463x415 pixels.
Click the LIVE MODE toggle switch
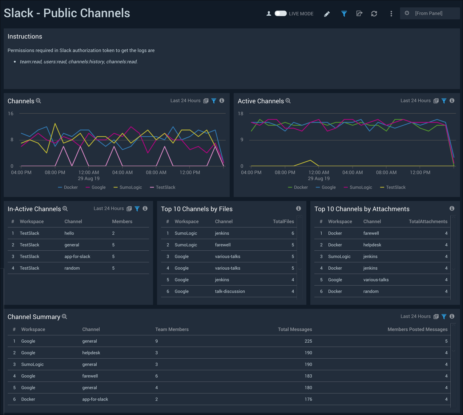[280, 13]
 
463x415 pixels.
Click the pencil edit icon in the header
[327, 14]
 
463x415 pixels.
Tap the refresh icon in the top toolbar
[374, 14]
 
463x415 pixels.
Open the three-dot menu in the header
[391, 14]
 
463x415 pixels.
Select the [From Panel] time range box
[430, 13]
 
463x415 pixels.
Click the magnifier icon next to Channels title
[39, 101]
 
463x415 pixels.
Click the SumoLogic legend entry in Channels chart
[128, 188]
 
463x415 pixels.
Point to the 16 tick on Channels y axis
[11, 114]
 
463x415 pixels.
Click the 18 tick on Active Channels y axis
[241, 114]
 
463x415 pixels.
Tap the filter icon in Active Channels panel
[444, 101]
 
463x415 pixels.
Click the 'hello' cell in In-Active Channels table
[69, 233]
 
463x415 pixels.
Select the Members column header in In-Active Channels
[122, 222]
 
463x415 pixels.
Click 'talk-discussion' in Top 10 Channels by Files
[230, 291]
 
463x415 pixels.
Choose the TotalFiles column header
[283, 222]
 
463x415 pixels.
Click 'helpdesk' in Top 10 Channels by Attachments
[372, 245]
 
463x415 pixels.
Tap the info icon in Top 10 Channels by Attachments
[452, 209]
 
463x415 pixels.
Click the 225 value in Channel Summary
[308, 341]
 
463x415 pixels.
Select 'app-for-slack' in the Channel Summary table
[95, 399]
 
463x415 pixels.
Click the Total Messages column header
[295, 330]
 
